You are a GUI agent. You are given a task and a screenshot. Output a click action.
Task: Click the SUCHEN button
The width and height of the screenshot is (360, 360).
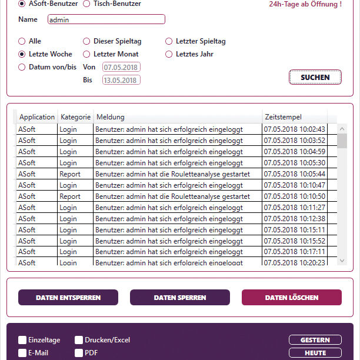click(x=315, y=77)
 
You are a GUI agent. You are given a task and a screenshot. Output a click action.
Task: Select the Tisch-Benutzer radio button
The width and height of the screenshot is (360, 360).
click(x=86, y=4)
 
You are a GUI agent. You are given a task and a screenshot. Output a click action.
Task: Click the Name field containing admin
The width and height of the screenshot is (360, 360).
click(x=106, y=19)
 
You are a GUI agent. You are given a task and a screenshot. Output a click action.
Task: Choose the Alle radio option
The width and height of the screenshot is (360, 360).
click(x=22, y=41)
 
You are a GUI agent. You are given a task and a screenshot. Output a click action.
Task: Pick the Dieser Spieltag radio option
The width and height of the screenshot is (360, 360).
click(x=87, y=41)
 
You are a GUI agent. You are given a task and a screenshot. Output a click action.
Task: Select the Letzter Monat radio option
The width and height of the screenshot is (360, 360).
click(x=87, y=54)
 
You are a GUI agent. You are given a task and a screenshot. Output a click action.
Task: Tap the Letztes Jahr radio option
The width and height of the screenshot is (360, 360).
click(x=169, y=54)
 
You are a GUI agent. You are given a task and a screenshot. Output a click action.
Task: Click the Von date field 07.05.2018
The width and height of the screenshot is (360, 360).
click(x=121, y=67)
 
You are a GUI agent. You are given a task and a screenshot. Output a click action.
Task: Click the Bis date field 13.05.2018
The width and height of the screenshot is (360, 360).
click(x=121, y=80)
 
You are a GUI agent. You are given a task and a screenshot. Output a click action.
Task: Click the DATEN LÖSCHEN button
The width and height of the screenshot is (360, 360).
click(x=292, y=298)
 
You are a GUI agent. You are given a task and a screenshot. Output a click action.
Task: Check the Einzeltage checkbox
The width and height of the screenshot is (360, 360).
click(x=22, y=340)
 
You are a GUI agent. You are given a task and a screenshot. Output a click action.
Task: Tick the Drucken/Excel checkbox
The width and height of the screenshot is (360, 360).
click(x=79, y=340)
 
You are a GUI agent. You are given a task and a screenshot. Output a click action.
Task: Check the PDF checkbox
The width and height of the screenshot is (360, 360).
click(x=79, y=353)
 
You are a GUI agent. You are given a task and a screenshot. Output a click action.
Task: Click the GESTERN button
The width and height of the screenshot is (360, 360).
click(x=315, y=340)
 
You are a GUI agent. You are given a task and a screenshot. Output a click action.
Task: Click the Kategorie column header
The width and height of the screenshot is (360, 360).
click(x=75, y=117)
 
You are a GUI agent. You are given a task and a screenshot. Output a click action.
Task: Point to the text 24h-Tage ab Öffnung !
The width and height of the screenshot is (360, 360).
click(x=305, y=4)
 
